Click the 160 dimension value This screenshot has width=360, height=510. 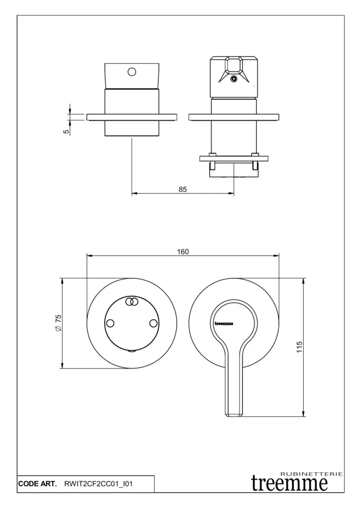click(183, 252)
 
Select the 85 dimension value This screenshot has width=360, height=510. click(183, 189)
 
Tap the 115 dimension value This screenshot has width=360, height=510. click(300, 347)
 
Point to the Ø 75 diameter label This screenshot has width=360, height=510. click(58, 323)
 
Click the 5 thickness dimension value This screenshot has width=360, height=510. click(66, 131)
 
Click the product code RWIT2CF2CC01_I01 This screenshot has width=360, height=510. click(99, 484)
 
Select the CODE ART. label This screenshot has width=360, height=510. click(37, 484)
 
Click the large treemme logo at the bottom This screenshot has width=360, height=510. click(289, 483)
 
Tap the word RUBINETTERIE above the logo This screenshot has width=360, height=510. click(311, 474)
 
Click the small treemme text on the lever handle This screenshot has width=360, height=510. click(224, 323)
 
